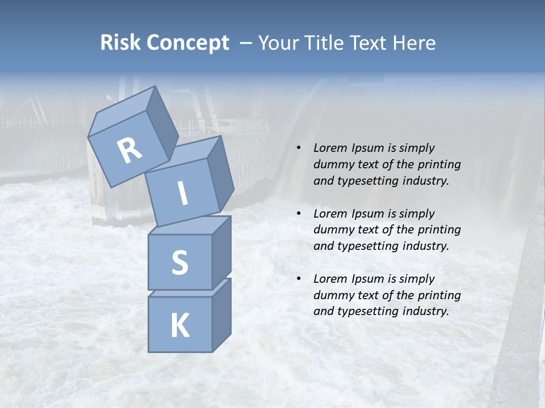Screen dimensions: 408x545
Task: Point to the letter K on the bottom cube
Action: (179, 325)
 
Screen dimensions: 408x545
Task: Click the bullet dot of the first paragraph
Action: (299, 148)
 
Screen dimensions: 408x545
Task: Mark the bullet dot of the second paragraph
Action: (299, 214)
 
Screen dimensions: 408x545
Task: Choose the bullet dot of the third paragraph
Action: (299, 279)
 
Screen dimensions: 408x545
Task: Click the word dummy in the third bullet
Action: (331, 295)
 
